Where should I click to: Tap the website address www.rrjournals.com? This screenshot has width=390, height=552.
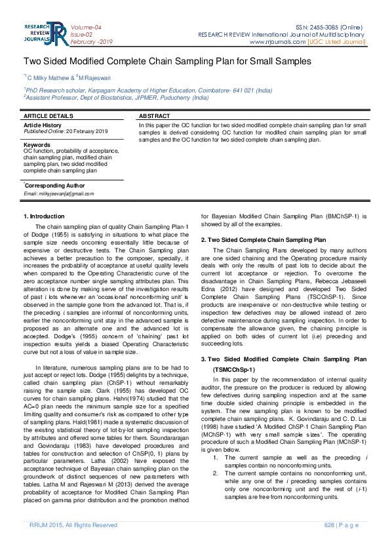(277, 42)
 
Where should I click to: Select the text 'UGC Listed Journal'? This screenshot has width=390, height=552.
(337, 42)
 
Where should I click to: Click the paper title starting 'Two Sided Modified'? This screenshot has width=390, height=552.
(167, 61)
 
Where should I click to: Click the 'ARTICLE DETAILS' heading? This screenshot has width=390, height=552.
(48, 115)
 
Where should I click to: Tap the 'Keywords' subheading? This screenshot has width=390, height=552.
(37, 144)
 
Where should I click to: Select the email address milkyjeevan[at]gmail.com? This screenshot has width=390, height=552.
(58, 193)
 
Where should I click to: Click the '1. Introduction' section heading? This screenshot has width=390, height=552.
(44, 216)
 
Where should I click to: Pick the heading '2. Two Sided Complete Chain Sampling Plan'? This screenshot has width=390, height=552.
(263, 240)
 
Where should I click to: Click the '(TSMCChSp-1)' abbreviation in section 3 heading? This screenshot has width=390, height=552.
(233, 370)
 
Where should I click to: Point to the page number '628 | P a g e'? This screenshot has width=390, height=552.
(342, 525)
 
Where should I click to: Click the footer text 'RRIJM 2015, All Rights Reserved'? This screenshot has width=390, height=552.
(73, 525)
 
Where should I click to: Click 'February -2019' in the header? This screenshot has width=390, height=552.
(92, 41)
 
